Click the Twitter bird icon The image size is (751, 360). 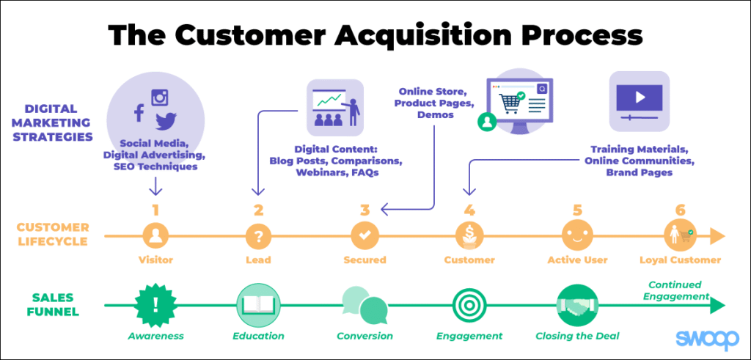(x=166, y=120)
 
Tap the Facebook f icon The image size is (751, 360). (x=138, y=113)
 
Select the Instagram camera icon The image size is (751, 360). (x=161, y=97)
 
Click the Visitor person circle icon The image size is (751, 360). (x=155, y=236)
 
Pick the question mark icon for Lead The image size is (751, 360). (x=258, y=236)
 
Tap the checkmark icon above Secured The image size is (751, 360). (x=364, y=236)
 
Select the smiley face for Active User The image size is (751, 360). (x=576, y=236)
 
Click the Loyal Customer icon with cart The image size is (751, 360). (x=680, y=236)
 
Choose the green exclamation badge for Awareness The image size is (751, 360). (x=155, y=304)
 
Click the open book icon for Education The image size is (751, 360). (x=258, y=304)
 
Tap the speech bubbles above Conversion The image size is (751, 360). (x=364, y=304)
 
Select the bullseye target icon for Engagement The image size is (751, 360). (x=469, y=304)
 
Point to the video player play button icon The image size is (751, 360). (x=640, y=97)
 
